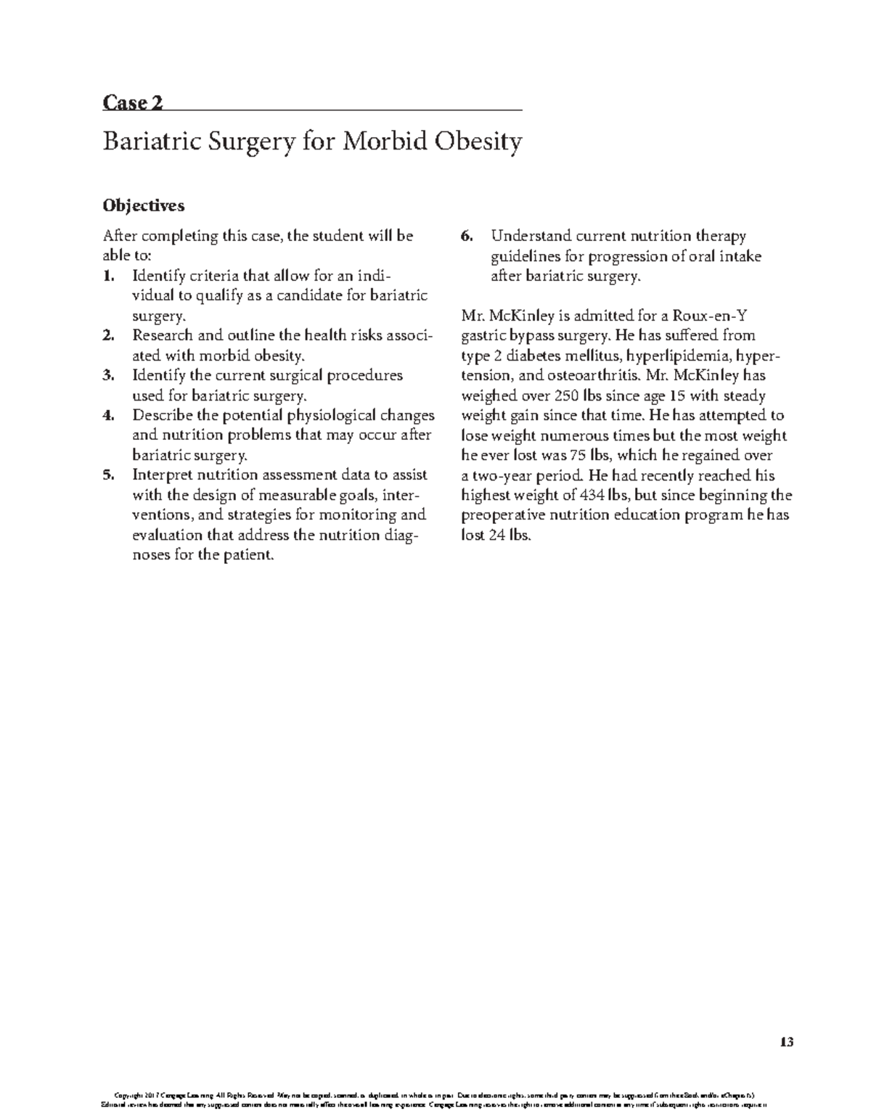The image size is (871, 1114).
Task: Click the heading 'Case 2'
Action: pyautogui.click(x=133, y=103)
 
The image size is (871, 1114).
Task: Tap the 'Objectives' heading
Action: pyautogui.click(x=144, y=206)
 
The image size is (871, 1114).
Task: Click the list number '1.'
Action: pyautogui.click(x=109, y=277)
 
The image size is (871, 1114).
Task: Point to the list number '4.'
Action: pyautogui.click(x=109, y=416)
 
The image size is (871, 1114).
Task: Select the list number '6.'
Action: pyautogui.click(x=467, y=237)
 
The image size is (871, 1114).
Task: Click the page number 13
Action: pyautogui.click(x=787, y=1043)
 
